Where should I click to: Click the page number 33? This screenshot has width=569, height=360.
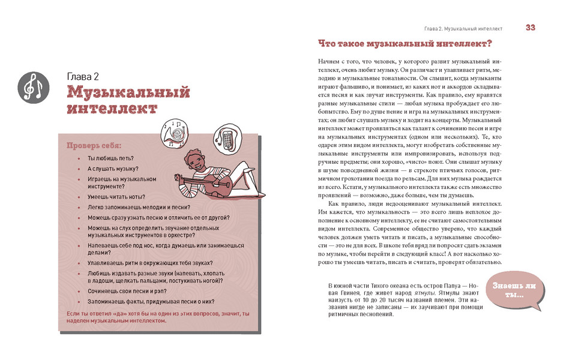pyautogui.click(x=531, y=27)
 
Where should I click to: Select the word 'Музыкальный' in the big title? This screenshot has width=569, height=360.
pyautogui.click(x=128, y=92)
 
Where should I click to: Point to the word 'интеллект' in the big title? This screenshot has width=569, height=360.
pyautogui.click(x=112, y=109)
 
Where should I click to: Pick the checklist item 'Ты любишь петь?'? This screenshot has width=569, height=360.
pyautogui.click(x=108, y=158)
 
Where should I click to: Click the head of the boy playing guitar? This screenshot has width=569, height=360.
pyautogui.click(x=196, y=159)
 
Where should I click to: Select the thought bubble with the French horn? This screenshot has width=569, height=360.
pyautogui.click(x=177, y=131)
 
